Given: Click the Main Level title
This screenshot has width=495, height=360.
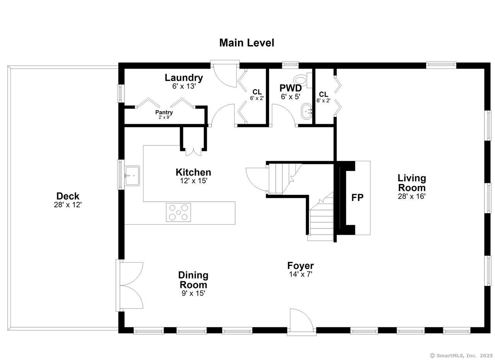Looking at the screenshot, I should pos(246,43).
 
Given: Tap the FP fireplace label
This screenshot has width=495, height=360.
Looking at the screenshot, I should pos(357,198).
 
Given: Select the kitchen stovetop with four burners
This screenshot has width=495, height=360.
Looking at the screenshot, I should pos(178,212).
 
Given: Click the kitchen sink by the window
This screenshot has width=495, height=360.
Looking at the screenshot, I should pos(132,176).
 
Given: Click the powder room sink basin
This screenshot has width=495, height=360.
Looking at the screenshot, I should pos(307,112).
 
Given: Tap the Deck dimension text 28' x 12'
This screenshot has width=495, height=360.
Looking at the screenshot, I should pos(68,205).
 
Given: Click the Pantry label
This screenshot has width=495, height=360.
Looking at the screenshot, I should pos(164,113).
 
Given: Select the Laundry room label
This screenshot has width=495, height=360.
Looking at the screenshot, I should pos(184,78).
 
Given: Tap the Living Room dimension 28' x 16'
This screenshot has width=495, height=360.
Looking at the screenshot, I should pos(411,196).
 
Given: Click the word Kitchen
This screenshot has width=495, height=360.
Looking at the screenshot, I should pos(193,172).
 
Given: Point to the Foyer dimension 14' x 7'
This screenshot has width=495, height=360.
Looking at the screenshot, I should pos(300,275).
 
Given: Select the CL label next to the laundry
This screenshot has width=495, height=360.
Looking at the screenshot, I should pos(257,92).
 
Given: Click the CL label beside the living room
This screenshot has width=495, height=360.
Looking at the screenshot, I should pos(323,94).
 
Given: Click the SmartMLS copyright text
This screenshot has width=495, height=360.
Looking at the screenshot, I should pos(461,355).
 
